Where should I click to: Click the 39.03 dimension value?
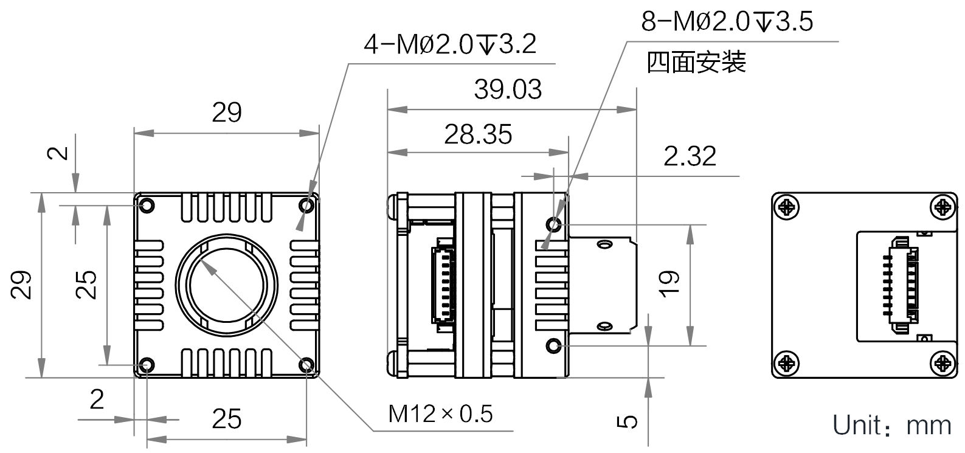[508, 90]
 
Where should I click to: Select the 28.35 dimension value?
[478, 134]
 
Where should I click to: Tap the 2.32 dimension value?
[690, 156]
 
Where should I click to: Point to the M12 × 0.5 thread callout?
[441, 414]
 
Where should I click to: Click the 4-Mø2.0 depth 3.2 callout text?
[449, 44]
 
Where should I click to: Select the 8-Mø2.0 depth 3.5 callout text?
[727, 22]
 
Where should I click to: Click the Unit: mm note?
[891, 425]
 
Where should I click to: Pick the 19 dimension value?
[669, 284]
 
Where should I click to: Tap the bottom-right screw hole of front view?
[307, 365]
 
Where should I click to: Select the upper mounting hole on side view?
[554, 225]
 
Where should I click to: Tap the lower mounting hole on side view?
[554, 346]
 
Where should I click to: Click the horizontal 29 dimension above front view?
[227, 112]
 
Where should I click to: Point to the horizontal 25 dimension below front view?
[227, 419]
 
